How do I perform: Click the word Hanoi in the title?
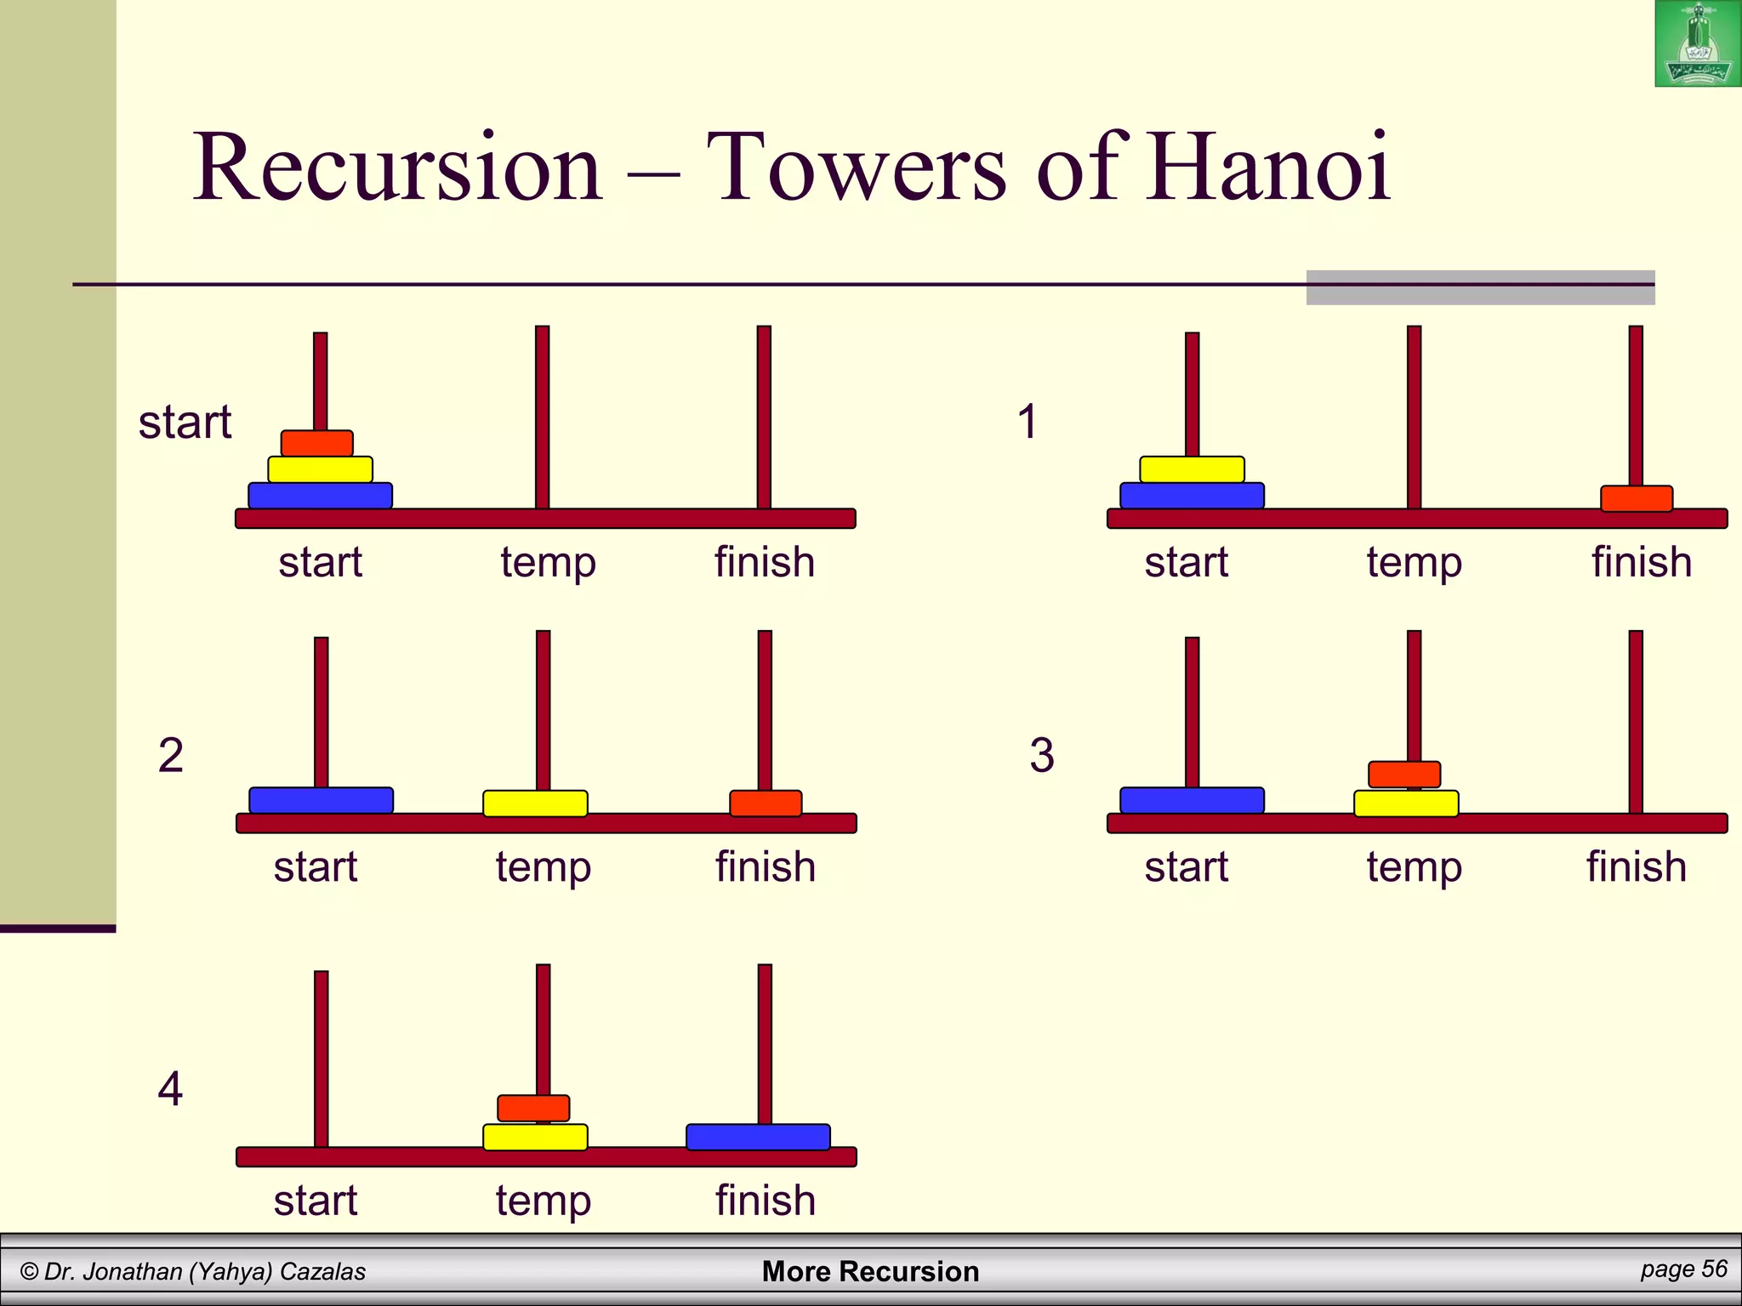click(x=1267, y=168)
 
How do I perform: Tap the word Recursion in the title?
click(x=398, y=168)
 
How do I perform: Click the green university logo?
click(x=1697, y=44)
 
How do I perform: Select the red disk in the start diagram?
click(x=317, y=443)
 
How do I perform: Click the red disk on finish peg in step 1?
click(x=1637, y=498)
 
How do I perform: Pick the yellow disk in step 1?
click(x=1192, y=469)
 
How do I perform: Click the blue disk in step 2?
click(x=321, y=800)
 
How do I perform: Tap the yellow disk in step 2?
click(x=535, y=803)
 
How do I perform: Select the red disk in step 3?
click(x=1404, y=775)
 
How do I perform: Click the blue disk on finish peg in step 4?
click(x=758, y=1137)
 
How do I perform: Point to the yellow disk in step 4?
click(x=535, y=1137)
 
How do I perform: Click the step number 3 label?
click(x=1042, y=755)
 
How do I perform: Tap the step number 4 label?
click(x=170, y=1089)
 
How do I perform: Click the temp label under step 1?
click(x=1414, y=562)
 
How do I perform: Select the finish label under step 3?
click(x=1637, y=866)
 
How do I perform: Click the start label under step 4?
click(x=316, y=1201)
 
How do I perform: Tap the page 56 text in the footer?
click(x=1683, y=1269)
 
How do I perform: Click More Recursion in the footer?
click(x=870, y=1271)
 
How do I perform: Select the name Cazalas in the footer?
click(x=322, y=1271)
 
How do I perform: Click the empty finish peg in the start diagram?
click(x=764, y=417)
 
